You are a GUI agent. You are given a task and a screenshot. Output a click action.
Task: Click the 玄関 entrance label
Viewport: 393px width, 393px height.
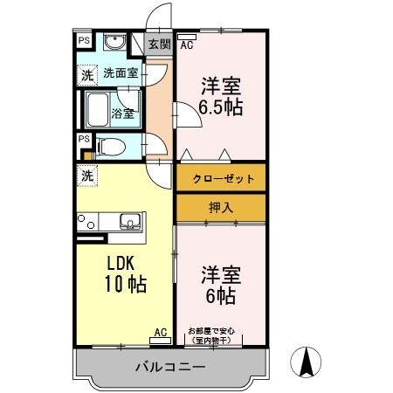tap(159, 45)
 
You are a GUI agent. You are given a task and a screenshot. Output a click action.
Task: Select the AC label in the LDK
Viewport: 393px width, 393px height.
tap(161, 333)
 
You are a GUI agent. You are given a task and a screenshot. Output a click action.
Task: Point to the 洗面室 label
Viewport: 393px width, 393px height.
tap(120, 73)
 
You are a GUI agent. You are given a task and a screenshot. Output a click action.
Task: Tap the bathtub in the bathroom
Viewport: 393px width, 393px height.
tap(98, 110)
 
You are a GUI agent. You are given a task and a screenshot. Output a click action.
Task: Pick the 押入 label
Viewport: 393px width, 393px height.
tap(221, 208)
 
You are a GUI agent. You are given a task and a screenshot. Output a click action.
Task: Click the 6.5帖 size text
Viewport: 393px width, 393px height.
tap(221, 108)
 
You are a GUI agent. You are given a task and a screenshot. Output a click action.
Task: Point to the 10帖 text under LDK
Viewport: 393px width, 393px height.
tap(127, 284)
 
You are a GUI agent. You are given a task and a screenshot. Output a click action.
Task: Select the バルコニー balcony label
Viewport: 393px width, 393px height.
tap(170, 367)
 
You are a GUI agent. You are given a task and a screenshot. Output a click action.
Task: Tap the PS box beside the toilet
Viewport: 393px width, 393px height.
tap(84, 139)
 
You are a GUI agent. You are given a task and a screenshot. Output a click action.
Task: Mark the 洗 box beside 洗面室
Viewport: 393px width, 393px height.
tap(87, 75)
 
